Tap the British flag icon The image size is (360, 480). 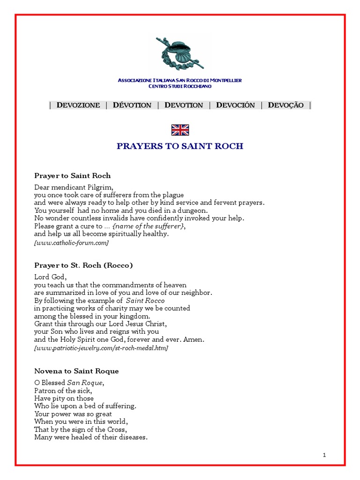click(180, 130)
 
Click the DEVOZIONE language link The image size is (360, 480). click(78, 105)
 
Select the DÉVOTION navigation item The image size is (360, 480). click(132, 105)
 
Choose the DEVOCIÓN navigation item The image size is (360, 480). click(235, 105)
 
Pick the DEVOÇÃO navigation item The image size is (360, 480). click(286, 105)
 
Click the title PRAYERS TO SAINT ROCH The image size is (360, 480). click(180, 146)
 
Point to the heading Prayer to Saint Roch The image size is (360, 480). click(73, 176)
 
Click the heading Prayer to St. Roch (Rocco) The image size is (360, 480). click(83, 265)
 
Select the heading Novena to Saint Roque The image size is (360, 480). click(76, 371)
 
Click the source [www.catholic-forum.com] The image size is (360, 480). click(71, 242)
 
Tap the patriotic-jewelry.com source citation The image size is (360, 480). click(101, 348)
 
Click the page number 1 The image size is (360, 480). click(324, 455)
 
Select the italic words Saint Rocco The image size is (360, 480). click(145, 300)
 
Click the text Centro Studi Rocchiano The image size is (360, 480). click(180, 86)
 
